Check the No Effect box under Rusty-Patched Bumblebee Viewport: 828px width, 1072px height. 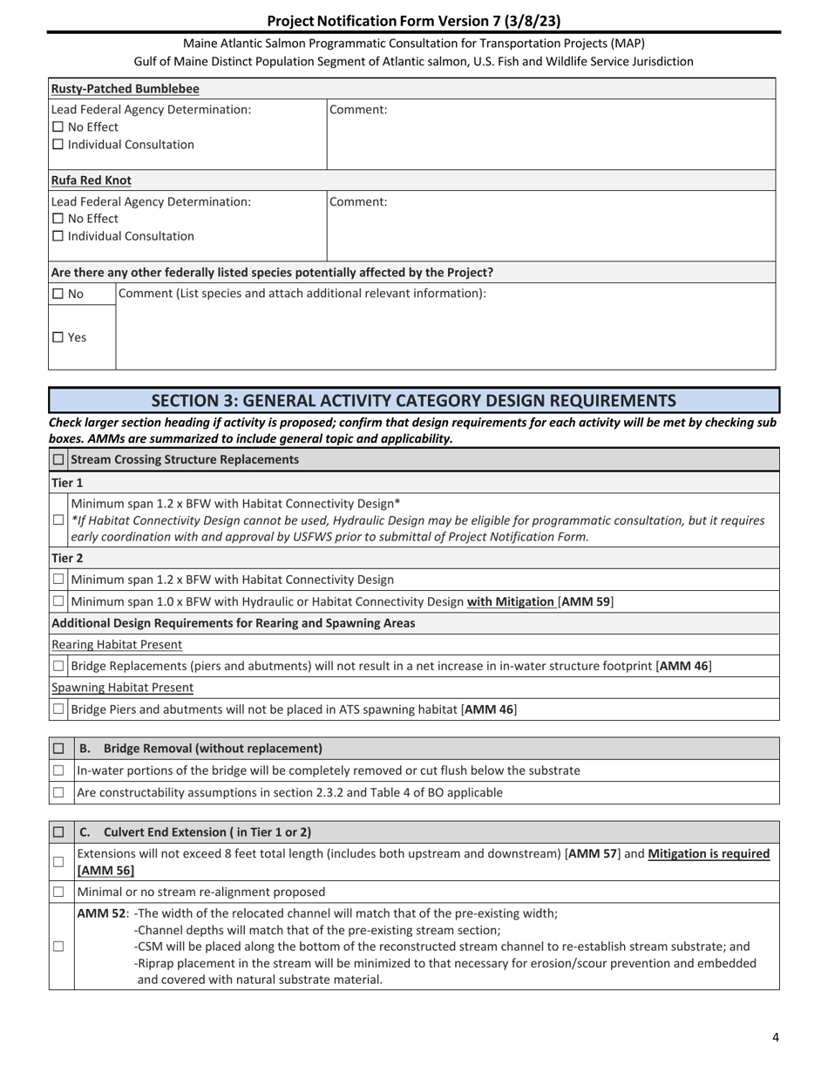click(x=58, y=127)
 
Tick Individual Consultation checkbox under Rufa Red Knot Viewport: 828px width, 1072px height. click(x=58, y=236)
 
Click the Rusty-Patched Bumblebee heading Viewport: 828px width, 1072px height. click(x=125, y=89)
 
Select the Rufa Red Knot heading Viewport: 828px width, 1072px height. click(x=92, y=180)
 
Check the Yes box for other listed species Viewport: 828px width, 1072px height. click(x=58, y=337)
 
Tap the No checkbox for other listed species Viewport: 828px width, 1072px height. click(x=58, y=295)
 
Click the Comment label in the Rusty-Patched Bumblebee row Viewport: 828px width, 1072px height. click(x=358, y=110)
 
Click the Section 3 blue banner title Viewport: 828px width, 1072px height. click(x=413, y=400)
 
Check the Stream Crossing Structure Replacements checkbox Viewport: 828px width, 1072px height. click(x=58, y=459)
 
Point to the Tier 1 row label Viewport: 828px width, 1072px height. click(x=67, y=482)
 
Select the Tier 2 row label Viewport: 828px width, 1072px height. click(x=67, y=558)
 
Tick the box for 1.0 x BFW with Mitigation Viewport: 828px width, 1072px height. click(x=58, y=601)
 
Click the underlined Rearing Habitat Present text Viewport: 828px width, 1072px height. click(x=117, y=645)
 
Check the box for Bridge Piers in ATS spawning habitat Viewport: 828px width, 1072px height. click(x=58, y=709)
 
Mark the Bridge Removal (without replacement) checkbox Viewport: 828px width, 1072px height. click(x=58, y=749)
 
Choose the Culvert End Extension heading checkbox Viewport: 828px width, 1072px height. click(x=58, y=832)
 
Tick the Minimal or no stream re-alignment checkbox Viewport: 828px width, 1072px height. click(x=58, y=892)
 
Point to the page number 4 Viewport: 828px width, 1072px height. click(x=775, y=1037)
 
